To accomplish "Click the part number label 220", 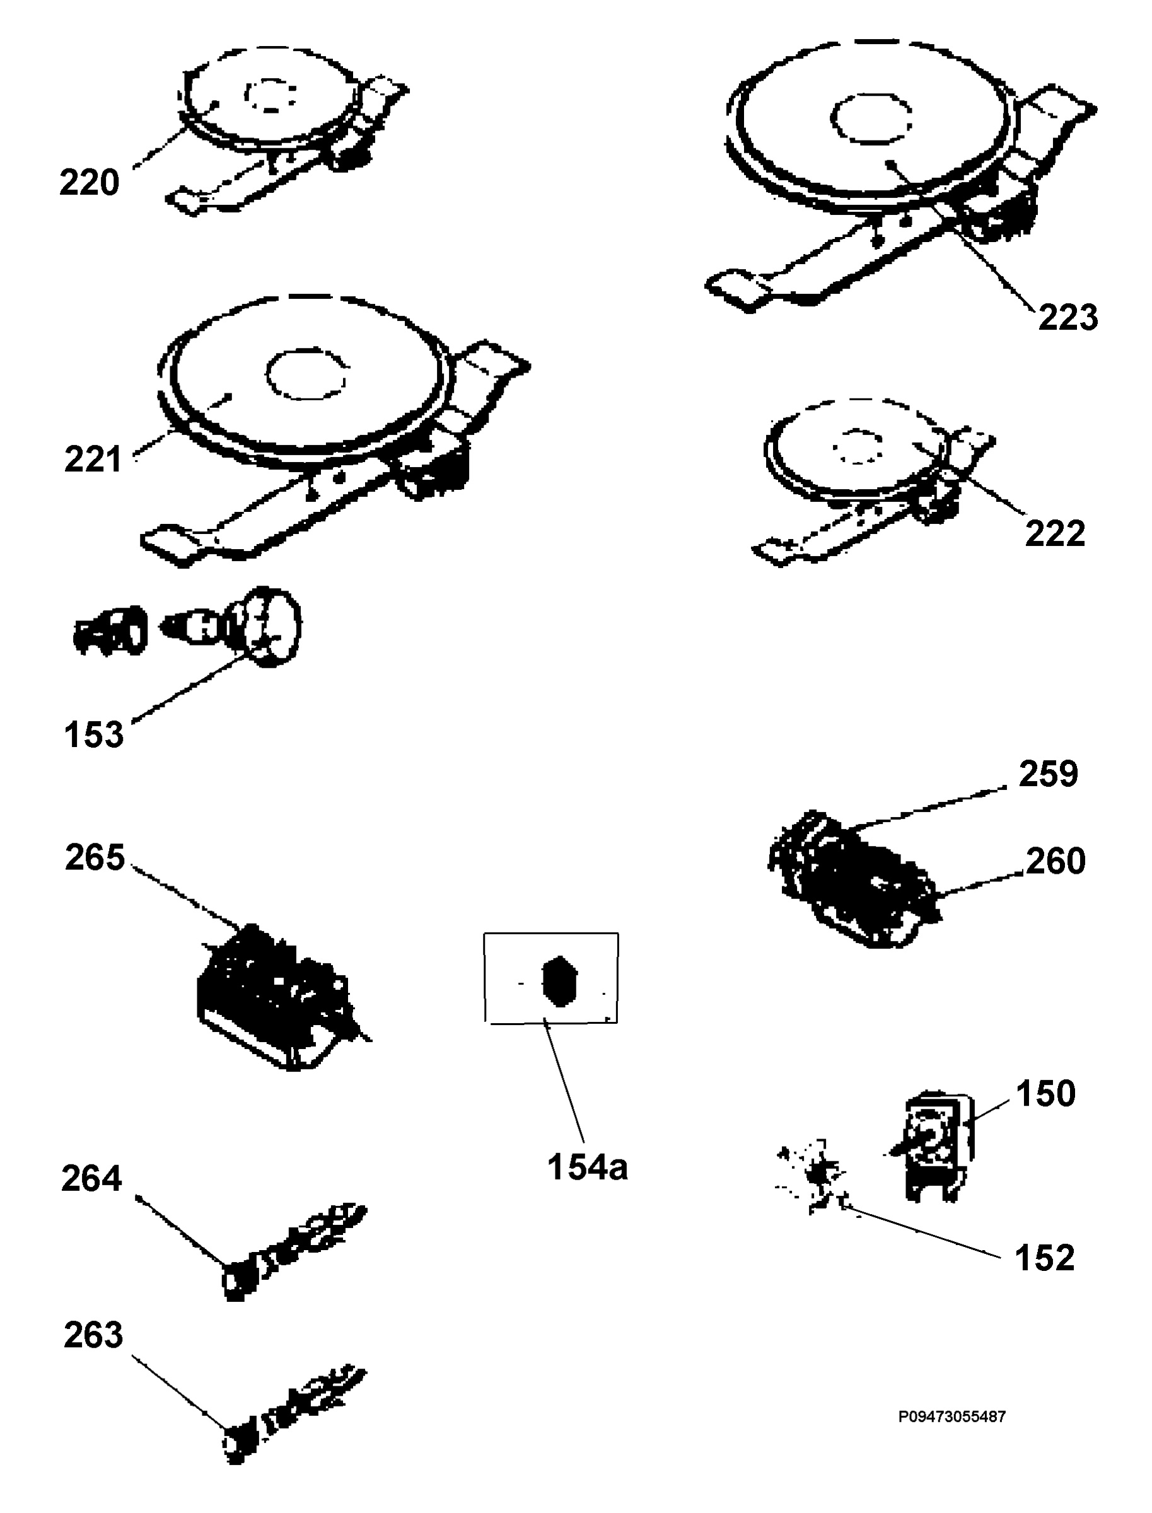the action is point(89,183).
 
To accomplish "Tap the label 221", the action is point(93,460).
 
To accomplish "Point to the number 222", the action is point(1055,533).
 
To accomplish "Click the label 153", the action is point(93,734).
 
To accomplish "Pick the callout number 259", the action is point(1049,774).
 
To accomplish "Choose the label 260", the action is point(1056,861).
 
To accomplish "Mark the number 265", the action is point(95,857).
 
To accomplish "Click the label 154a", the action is point(587,1167).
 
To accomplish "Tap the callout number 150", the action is point(1045,1093).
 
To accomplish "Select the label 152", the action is point(1044,1258).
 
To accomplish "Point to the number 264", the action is point(91,1178).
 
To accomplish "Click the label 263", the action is point(93,1335).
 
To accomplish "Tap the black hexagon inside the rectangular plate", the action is point(559,981).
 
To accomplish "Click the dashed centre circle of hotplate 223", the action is point(871,118).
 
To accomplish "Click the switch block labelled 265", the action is point(281,994).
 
